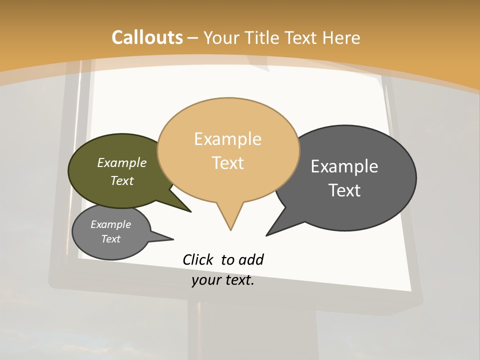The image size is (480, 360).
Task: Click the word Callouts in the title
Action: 147,37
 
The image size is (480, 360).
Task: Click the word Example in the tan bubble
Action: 227,139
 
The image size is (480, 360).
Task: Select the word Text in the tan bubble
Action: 228,163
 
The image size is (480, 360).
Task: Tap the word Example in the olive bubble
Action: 121,163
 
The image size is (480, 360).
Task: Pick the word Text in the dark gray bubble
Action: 344,190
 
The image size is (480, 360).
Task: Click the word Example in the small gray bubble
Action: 110,224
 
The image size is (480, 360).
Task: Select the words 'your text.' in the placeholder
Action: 223,280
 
